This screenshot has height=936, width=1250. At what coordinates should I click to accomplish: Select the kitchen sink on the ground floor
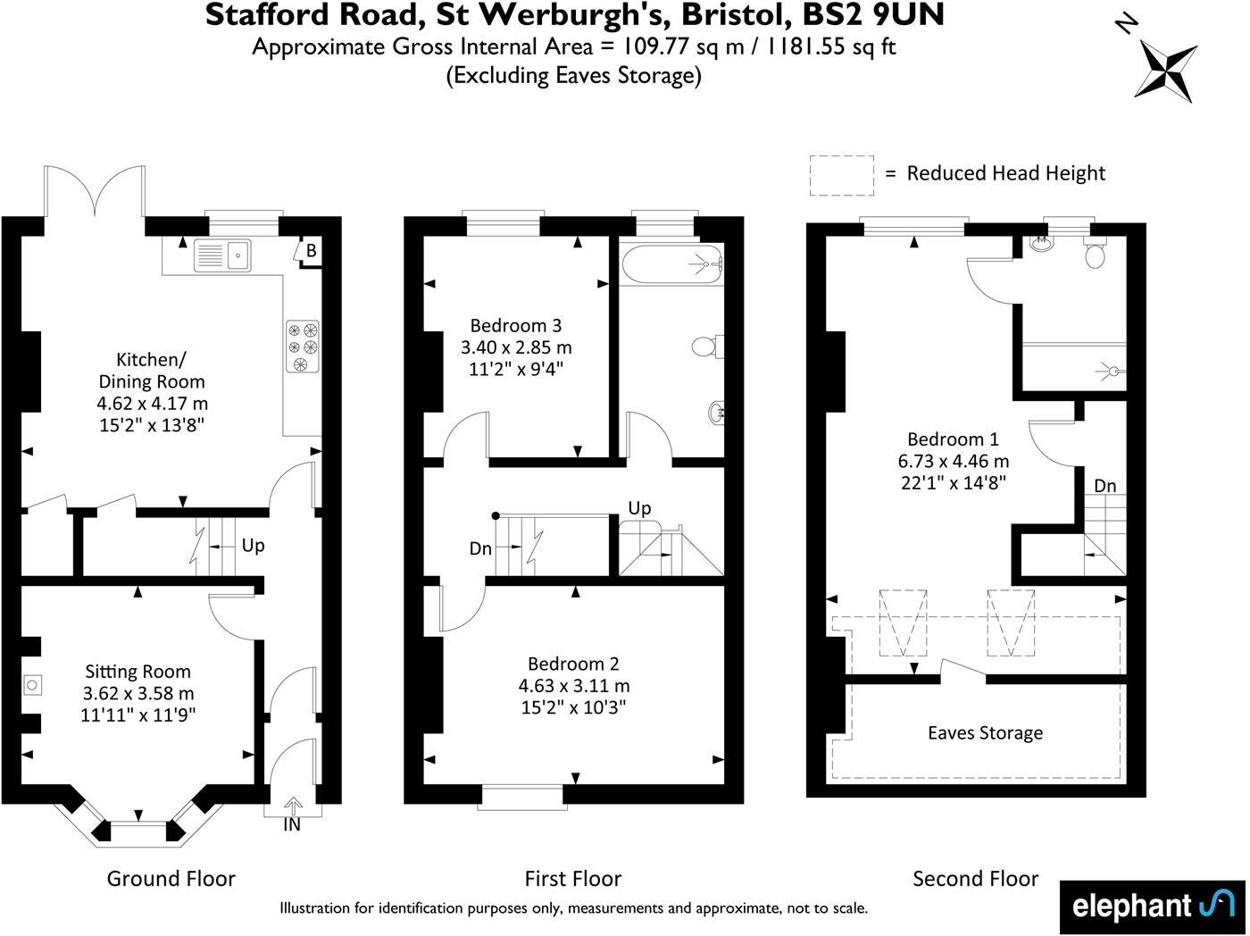tap(224, 255)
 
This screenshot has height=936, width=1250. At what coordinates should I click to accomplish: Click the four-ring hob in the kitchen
tap(302, 346)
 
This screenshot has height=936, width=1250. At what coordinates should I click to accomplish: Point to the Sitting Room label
tap(137, 672)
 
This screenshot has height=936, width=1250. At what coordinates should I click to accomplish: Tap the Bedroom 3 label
tap(515, 326)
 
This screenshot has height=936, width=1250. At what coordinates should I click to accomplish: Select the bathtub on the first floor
tap(671, 266)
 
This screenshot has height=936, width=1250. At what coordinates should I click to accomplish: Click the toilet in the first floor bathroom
tap(705, 346)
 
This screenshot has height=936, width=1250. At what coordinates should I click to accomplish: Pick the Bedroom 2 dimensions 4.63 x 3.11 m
tap(574, 686)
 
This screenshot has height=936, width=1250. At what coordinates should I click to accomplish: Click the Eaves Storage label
tap(985, 733)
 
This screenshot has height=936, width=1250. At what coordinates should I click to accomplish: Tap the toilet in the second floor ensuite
tap(1095, 255)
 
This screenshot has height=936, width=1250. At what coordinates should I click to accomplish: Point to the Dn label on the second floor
tap(1104, 486)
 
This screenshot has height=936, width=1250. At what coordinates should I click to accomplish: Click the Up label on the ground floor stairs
tap(253, 545)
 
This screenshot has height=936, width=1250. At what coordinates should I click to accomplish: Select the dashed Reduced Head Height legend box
tap(841, 175)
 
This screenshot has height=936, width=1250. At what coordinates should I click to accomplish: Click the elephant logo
tap(1152, 906)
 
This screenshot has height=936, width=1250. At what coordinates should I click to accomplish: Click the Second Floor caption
tap(975, 879)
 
